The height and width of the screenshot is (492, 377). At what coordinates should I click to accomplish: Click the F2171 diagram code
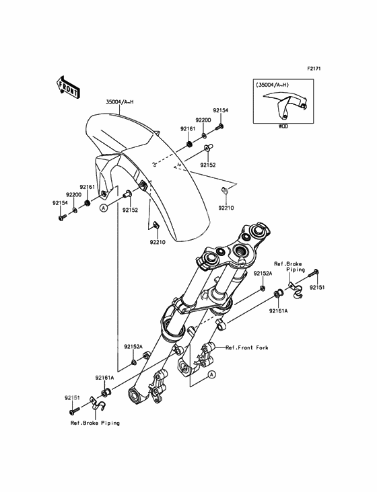[x=314, y=69]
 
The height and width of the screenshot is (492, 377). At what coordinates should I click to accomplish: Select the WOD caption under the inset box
[x=283, y=126]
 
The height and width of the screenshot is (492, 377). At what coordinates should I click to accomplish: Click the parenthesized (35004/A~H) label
[x=273, y=85]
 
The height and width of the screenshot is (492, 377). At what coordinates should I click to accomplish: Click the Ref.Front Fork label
[x=247, y=347]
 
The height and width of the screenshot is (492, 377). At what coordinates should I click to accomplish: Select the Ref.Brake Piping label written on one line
[x=95, y=423]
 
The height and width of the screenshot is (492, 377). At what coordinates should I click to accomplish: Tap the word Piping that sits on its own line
[x=296, y=270]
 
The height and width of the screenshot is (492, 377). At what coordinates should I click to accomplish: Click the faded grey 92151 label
[x=72, y=398]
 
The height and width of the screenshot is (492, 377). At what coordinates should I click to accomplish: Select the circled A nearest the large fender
[x=103, y=208]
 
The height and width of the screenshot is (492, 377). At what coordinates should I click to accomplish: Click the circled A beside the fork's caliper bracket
[x=211, y=374]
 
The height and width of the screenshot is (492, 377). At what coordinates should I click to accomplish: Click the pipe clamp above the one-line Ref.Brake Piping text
[x=96, y=404]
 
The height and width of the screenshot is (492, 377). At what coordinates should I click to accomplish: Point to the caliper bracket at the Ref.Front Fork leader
[x=206, y=355]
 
